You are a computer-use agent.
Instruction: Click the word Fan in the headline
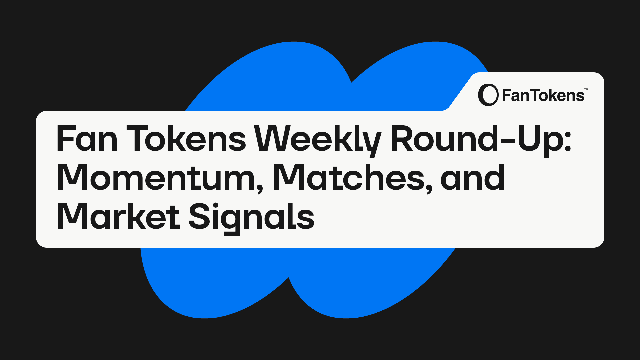[x=87, y=139]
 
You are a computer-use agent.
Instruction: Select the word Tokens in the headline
[x=186, y=139]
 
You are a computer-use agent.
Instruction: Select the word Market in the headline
[x=118, y=216]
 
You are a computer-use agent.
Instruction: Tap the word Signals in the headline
[x=251, y=218]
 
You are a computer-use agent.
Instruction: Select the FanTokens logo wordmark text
[x=543, y=95]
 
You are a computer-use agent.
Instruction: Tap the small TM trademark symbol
[x=586, y=89]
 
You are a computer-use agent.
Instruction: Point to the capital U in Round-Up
[x=526, y=139]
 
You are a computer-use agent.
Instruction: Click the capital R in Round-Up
[x=402, y=139]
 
